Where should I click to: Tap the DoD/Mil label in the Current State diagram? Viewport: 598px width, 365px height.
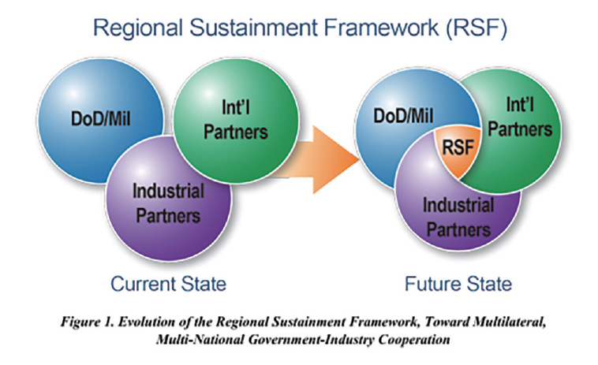[x=101, y=118]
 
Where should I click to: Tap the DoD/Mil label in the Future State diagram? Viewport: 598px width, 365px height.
[x=403, y=115]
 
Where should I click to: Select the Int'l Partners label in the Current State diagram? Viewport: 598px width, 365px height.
[x=236, y=120]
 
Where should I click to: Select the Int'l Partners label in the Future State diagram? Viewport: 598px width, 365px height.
[x=520, y=117]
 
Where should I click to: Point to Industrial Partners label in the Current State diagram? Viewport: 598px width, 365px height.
[x=168, y=203]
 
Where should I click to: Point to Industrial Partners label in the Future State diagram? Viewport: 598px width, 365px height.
[x=458, y=217]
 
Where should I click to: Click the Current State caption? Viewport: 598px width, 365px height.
[x=168, y=284]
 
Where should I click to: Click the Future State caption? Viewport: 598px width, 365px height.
[x=458, y=284]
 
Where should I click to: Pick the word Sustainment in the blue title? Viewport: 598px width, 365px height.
[x=253, y=28]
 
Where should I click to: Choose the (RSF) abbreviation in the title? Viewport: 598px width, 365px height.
[x=477, y=28]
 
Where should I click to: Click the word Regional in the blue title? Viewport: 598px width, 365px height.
[x=138, y=28]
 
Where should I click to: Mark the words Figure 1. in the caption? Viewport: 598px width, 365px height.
[x=88, y=322]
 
